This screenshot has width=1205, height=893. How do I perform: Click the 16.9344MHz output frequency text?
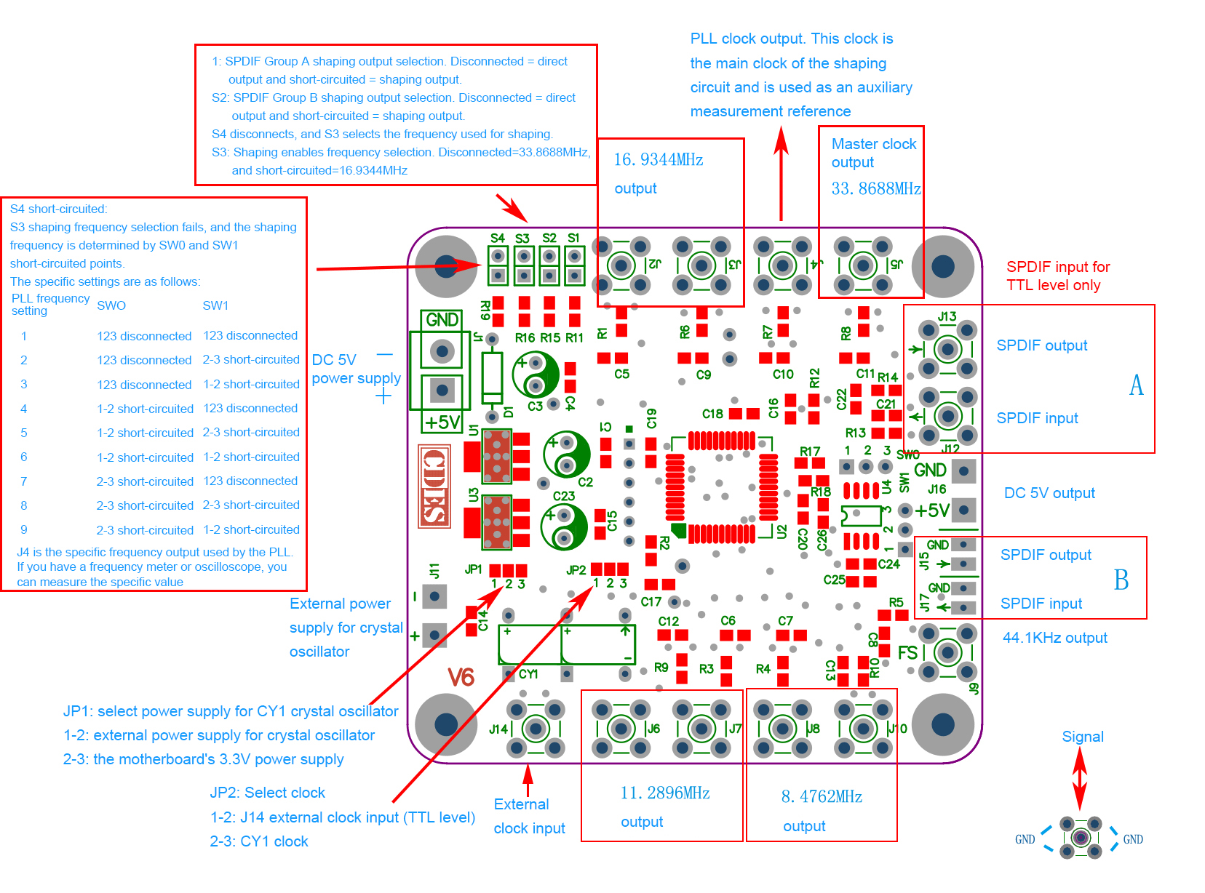(x=659, y=160)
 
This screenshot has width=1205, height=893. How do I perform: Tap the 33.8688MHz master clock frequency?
(x=876, y=189)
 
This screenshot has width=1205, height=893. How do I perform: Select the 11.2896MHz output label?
(x=664, y=793)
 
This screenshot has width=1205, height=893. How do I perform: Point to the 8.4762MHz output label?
(x=822, y=797)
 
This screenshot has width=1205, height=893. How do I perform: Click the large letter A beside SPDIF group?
(x=1136, y=385)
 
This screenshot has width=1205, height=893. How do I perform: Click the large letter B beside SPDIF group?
(x=1121, y=580)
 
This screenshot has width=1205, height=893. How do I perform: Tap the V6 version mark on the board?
(x=461, y=678)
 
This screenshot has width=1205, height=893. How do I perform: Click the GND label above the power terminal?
(x=442, y=320)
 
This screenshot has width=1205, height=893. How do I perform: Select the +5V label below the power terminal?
(x=442, y=423)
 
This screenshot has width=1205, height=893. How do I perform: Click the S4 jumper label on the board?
(x=497, y=238)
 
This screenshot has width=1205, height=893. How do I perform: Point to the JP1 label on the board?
(x=473, y=569)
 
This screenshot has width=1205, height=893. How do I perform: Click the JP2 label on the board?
(x=576, y=570)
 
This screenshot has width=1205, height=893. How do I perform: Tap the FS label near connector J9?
(x=907, y=653)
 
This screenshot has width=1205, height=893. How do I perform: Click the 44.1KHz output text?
(x=1054, y=638)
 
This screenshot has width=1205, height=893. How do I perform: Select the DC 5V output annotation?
(x=1049, y=493)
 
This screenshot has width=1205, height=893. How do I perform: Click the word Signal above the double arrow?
(x=1082, y=737)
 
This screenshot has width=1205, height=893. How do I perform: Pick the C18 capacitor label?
(x=712, y=414)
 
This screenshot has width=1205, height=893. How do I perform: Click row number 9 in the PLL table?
(x=24, y=529)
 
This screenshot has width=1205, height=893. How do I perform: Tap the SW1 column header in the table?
(x=215, y=305)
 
